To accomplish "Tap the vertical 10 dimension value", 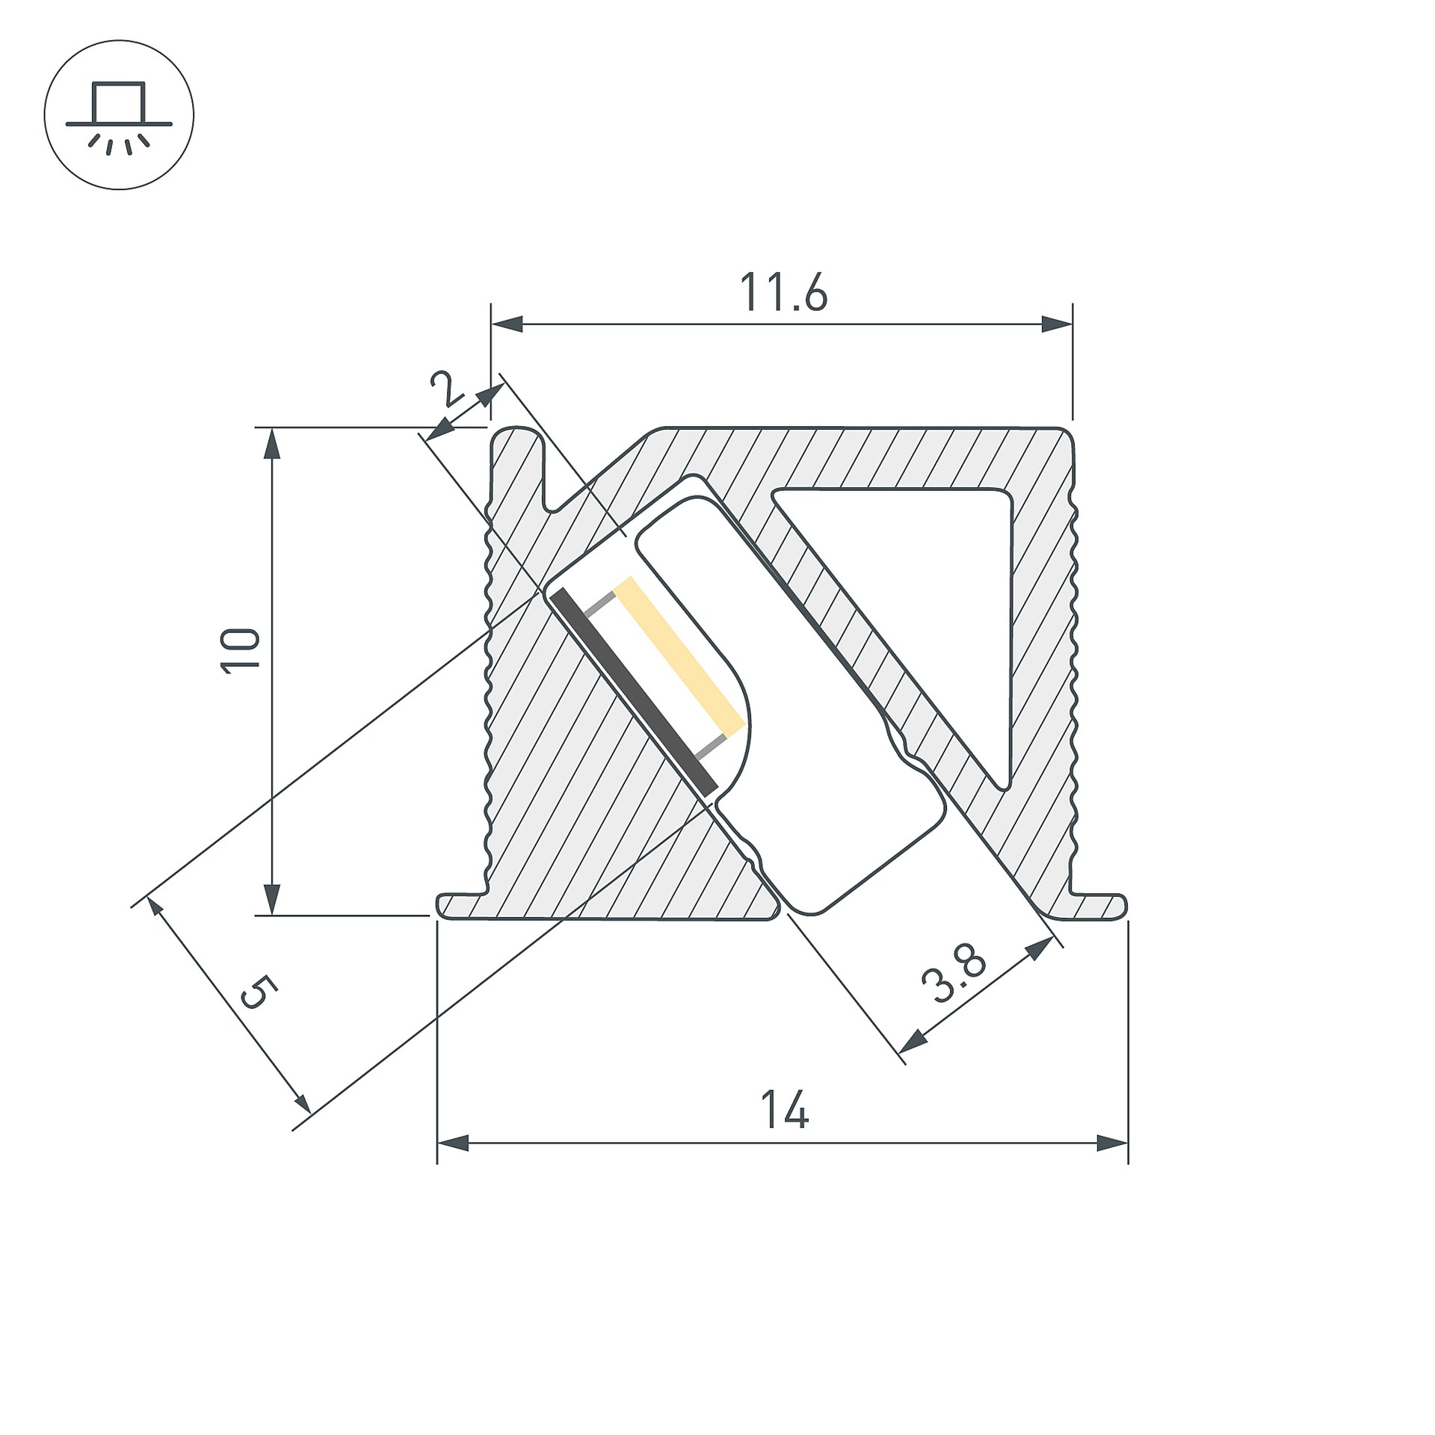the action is (241, 651).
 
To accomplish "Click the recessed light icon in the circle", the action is (119, 119).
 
